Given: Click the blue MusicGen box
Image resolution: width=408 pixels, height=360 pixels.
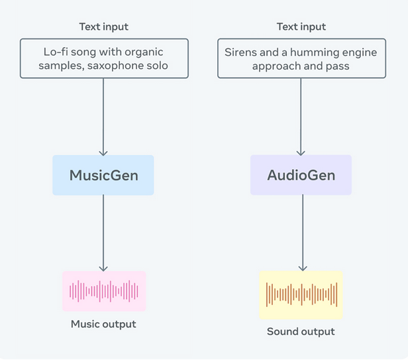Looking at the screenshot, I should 103,175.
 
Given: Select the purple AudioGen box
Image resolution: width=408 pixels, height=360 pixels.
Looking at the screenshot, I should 301,175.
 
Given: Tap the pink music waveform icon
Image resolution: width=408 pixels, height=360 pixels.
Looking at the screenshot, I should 104,291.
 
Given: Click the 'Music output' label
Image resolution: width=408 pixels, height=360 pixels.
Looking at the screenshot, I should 103,324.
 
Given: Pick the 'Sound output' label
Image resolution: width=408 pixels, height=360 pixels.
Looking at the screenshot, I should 301,331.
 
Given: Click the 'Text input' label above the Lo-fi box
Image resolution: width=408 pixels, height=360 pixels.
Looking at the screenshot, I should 103,27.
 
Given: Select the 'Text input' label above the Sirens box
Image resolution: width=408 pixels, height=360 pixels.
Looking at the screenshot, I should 301,27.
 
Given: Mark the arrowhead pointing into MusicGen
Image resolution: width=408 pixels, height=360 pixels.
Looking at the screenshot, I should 103,151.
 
